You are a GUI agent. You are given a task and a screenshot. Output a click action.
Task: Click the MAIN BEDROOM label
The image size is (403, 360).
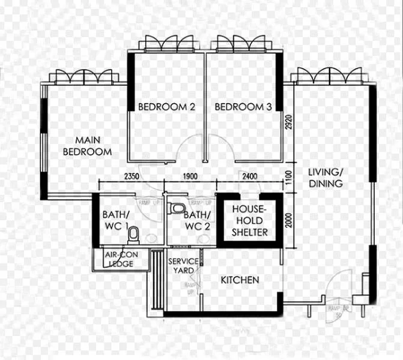[x=87, y=146]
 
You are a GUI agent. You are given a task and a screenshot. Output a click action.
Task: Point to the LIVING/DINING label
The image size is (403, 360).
[x=326, y=178]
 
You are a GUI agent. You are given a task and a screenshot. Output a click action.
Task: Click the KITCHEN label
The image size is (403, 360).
[x=240, y=280]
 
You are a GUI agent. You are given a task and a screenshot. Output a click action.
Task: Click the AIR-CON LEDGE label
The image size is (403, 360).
[x=120, y=259]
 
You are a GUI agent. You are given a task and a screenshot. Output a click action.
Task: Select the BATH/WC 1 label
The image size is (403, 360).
[x=116, y=220]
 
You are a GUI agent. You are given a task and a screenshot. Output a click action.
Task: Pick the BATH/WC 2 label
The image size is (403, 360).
[x=196, y=220]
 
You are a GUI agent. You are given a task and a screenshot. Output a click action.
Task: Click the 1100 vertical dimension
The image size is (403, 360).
[x=289, y=178]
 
